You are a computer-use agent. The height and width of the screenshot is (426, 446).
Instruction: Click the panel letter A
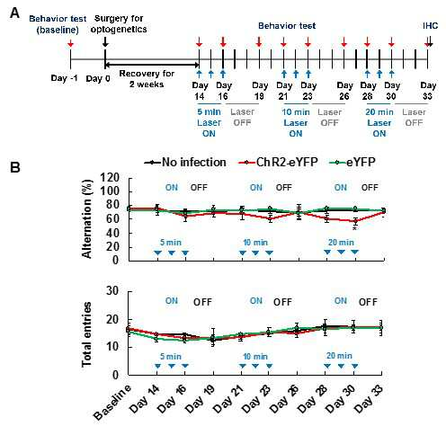point(14,13)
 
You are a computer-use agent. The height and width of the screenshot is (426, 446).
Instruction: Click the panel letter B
point(14,167)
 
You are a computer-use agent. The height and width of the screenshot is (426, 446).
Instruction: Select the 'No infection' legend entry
point(185,163)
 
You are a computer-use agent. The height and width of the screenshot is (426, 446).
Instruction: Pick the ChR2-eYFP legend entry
point(278,163)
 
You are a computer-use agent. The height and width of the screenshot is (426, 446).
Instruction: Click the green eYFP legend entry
point(352,163)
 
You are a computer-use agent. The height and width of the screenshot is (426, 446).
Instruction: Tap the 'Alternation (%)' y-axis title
point(86,218)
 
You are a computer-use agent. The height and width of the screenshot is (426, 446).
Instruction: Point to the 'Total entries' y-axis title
point(86,334)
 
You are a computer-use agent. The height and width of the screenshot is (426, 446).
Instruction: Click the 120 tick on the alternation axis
point(110,178)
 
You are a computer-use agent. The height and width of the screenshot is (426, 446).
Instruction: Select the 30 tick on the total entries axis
point(112,290)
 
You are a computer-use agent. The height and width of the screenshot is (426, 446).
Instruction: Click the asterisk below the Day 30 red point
point(355,229)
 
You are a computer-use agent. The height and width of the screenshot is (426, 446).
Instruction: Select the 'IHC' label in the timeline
point(431,26)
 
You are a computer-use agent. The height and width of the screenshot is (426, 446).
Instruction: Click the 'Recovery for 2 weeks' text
point(147,79)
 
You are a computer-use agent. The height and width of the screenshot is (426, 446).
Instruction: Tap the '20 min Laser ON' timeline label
point(379,122)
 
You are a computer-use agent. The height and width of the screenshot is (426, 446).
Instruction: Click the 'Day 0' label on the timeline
point(98,79)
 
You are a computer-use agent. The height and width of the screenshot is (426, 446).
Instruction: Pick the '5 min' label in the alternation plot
point(171,242)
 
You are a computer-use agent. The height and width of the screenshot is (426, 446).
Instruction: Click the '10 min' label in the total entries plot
point(255,357)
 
